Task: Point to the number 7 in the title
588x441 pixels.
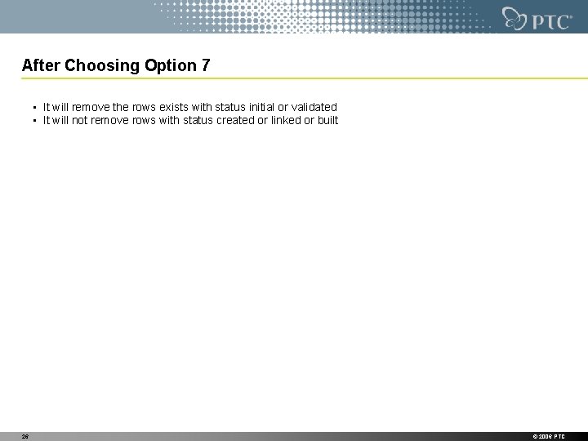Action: [205, 65]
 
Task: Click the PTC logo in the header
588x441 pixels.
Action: [537, 18]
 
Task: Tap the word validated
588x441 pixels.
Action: [313, 107]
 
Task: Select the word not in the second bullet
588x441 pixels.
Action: [81, 120]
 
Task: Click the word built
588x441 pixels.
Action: [327, 120]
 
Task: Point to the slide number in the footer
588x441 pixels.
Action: [24, 437]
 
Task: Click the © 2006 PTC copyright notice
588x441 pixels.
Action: [548, 437]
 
